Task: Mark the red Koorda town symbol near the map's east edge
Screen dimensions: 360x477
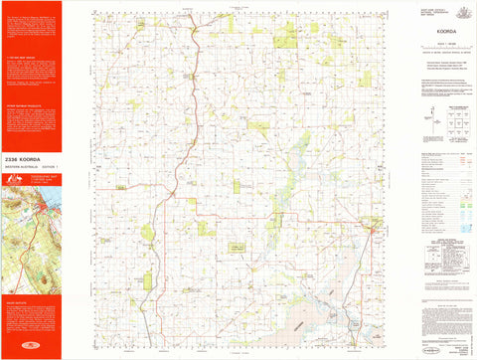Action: click(371, 232)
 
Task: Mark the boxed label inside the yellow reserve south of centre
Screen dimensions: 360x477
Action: click(238, 245)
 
